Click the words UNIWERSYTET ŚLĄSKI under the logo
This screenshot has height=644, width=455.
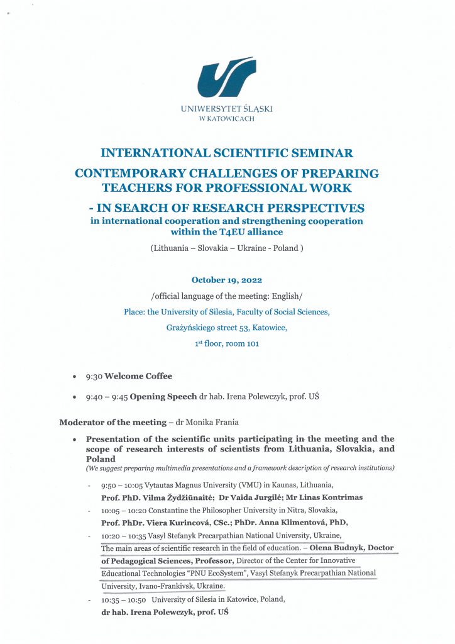[x=226, y=109]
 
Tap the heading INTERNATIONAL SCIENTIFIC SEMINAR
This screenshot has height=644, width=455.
[x=227, y=153]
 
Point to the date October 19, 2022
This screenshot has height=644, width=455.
[x=227, y=280]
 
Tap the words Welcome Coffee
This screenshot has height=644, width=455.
[x=138, y=376]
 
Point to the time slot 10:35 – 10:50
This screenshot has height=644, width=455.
[x=121, y=599]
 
